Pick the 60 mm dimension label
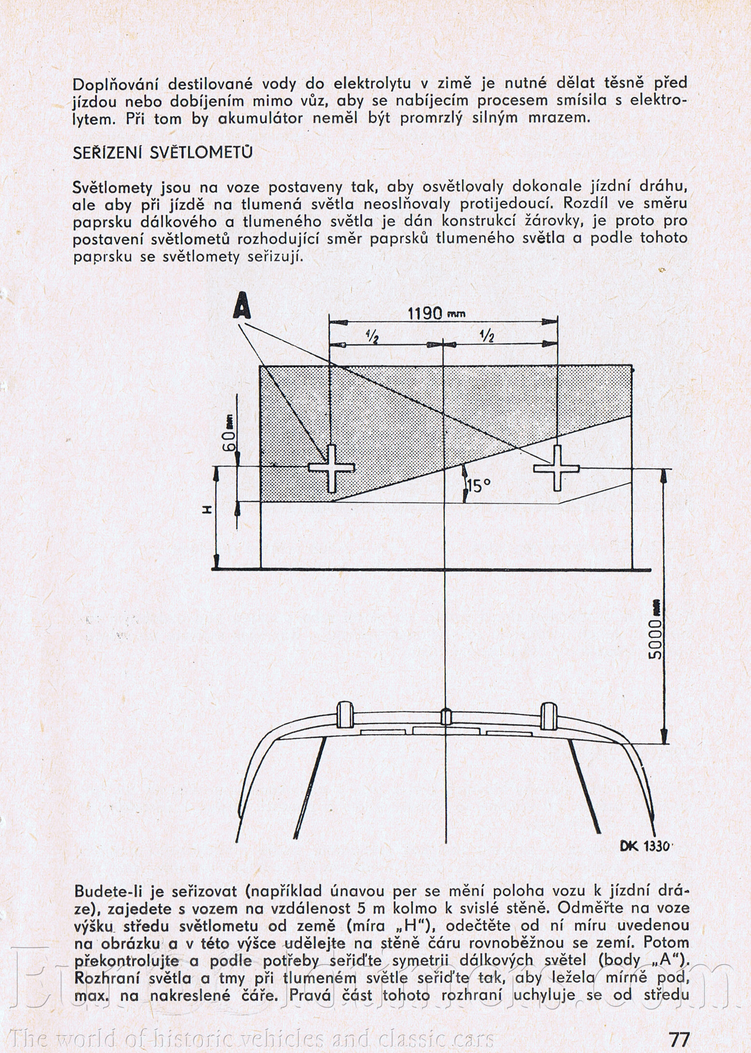pos(230,433)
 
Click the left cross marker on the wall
pos(331,468)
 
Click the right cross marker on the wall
pos(557,467)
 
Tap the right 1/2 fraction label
pos(487,337)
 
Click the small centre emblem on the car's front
pos(446,717)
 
